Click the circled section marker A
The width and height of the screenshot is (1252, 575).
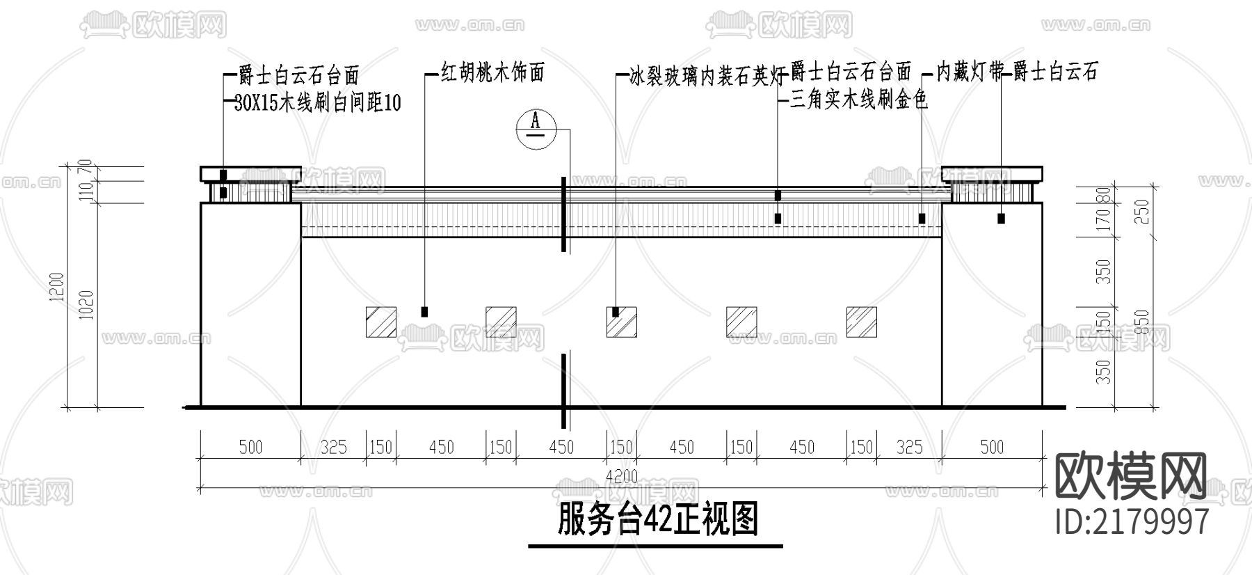[536, 127]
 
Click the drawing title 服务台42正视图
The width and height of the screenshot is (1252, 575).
[657, 521]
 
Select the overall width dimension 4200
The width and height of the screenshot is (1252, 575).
[621, 478]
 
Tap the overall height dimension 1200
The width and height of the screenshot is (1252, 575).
[57, 287]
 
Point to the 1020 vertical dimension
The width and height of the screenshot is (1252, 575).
[86, 305]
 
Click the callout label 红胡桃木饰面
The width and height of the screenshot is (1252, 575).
[492, 72]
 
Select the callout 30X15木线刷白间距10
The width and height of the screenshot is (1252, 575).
[317, 103]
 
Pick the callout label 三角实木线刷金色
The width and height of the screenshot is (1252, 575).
[860, 101]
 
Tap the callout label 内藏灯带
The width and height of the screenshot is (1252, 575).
[970, 72]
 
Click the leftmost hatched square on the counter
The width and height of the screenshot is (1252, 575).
[381, 322]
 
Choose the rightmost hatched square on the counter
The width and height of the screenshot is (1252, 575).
[861, 322]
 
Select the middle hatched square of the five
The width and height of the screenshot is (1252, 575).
[621, 322]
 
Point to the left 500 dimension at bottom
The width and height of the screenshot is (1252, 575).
[250, 447]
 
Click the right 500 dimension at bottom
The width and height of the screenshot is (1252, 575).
[992, 447]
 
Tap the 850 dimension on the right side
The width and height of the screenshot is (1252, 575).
[1143, 322]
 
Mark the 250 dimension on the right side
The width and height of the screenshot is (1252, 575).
[1143, 212]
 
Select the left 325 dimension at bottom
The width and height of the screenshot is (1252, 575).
[333, 447]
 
